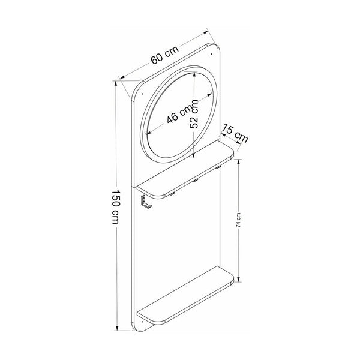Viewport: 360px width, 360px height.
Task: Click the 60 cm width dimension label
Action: coord(164,55)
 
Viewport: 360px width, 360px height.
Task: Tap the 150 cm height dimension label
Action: coord(115,206)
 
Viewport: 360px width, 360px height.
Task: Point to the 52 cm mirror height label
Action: coord(194,114)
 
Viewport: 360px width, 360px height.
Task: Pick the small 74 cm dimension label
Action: coord(238,220)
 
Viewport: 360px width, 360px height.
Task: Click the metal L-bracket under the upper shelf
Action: coord(146,202)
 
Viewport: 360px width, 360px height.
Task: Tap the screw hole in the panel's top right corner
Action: coord(211,54)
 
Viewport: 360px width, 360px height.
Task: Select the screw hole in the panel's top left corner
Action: coord(142,94)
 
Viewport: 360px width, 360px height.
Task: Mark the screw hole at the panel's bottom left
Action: coord(143,322)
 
